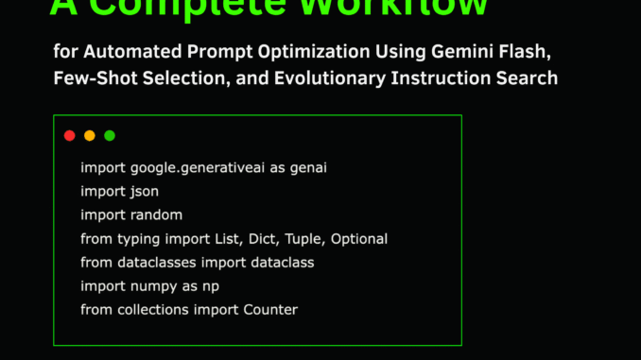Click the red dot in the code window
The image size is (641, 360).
click(x=69, y=136)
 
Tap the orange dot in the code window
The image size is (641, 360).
click(x=90, y=136)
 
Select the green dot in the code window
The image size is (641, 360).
click(x=110, y=136)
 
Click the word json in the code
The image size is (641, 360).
click(x=139, y=191)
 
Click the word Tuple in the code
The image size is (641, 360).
click(x=302, y=238)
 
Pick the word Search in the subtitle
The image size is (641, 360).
click(x=528, y=77)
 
